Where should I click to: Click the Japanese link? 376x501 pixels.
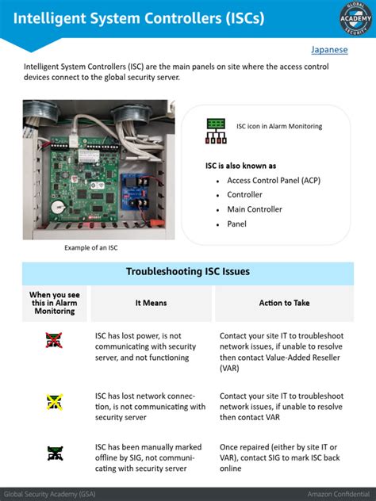tap(329, 50)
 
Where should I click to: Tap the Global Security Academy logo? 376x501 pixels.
tap(355, 18)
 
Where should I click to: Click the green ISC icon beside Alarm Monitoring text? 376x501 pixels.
tap(216, 131)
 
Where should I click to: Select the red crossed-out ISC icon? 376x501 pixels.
tap(54, 340)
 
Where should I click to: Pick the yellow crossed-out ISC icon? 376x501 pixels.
tap(55, 402)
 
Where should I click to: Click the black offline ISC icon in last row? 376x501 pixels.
tap(55, 453)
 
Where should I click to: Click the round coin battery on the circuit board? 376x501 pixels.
tap(59, 208)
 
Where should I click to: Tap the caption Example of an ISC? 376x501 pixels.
tap(90, 247)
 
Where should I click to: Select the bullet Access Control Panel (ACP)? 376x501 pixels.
tap(274, 181)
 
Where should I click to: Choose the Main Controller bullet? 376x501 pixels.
tap(255, 209)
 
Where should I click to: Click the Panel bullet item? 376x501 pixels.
tap(236, 224)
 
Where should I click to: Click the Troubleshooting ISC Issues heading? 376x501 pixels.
tap(188, 272)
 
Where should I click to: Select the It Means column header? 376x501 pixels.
tap(152, 303)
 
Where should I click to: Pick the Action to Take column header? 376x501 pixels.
tap(284, 303)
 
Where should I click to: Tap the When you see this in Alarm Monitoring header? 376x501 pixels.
tap(55, 303)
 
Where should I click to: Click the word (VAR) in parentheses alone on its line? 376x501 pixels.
tap(229, 369)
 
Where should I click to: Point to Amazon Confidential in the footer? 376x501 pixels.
tap(339, 495)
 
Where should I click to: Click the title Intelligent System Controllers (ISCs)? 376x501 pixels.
tap(139, 18)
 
